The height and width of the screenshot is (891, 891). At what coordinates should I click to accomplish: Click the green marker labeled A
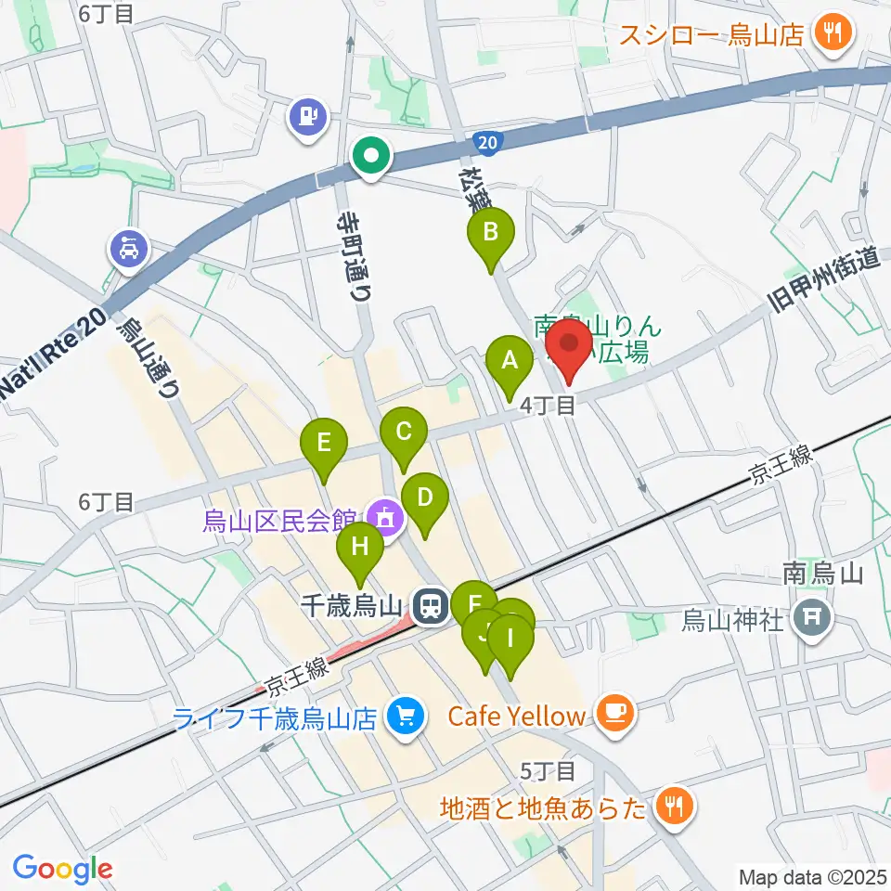click(509, 360)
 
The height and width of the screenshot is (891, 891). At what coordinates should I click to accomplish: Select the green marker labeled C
click(404, 432)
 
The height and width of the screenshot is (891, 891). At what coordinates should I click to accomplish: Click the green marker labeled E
click(323, 443)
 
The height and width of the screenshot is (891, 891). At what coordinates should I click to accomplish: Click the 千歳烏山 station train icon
click(430, 608)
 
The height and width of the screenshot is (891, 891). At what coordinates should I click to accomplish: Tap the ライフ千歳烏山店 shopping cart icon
click(405, 716)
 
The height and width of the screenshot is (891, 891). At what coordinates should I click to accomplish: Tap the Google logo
click(62, 870)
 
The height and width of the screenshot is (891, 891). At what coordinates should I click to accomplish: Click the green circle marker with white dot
click(372, 156)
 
